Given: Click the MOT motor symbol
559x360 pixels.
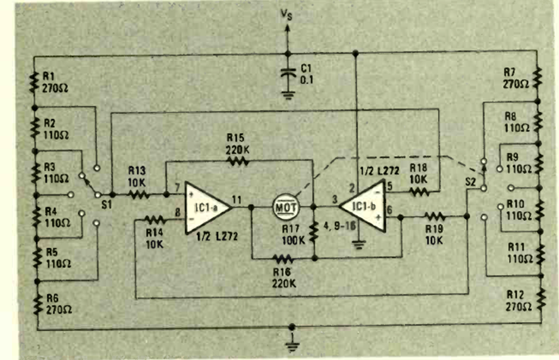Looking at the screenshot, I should coord(285,206).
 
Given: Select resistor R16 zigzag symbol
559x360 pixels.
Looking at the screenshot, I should coord(283,257).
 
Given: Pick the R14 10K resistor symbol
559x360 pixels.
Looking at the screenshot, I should coord(155,219).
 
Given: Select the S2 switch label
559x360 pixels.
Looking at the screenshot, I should coord(470,181).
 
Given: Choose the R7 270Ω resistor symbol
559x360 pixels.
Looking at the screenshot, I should coord(538,78).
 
